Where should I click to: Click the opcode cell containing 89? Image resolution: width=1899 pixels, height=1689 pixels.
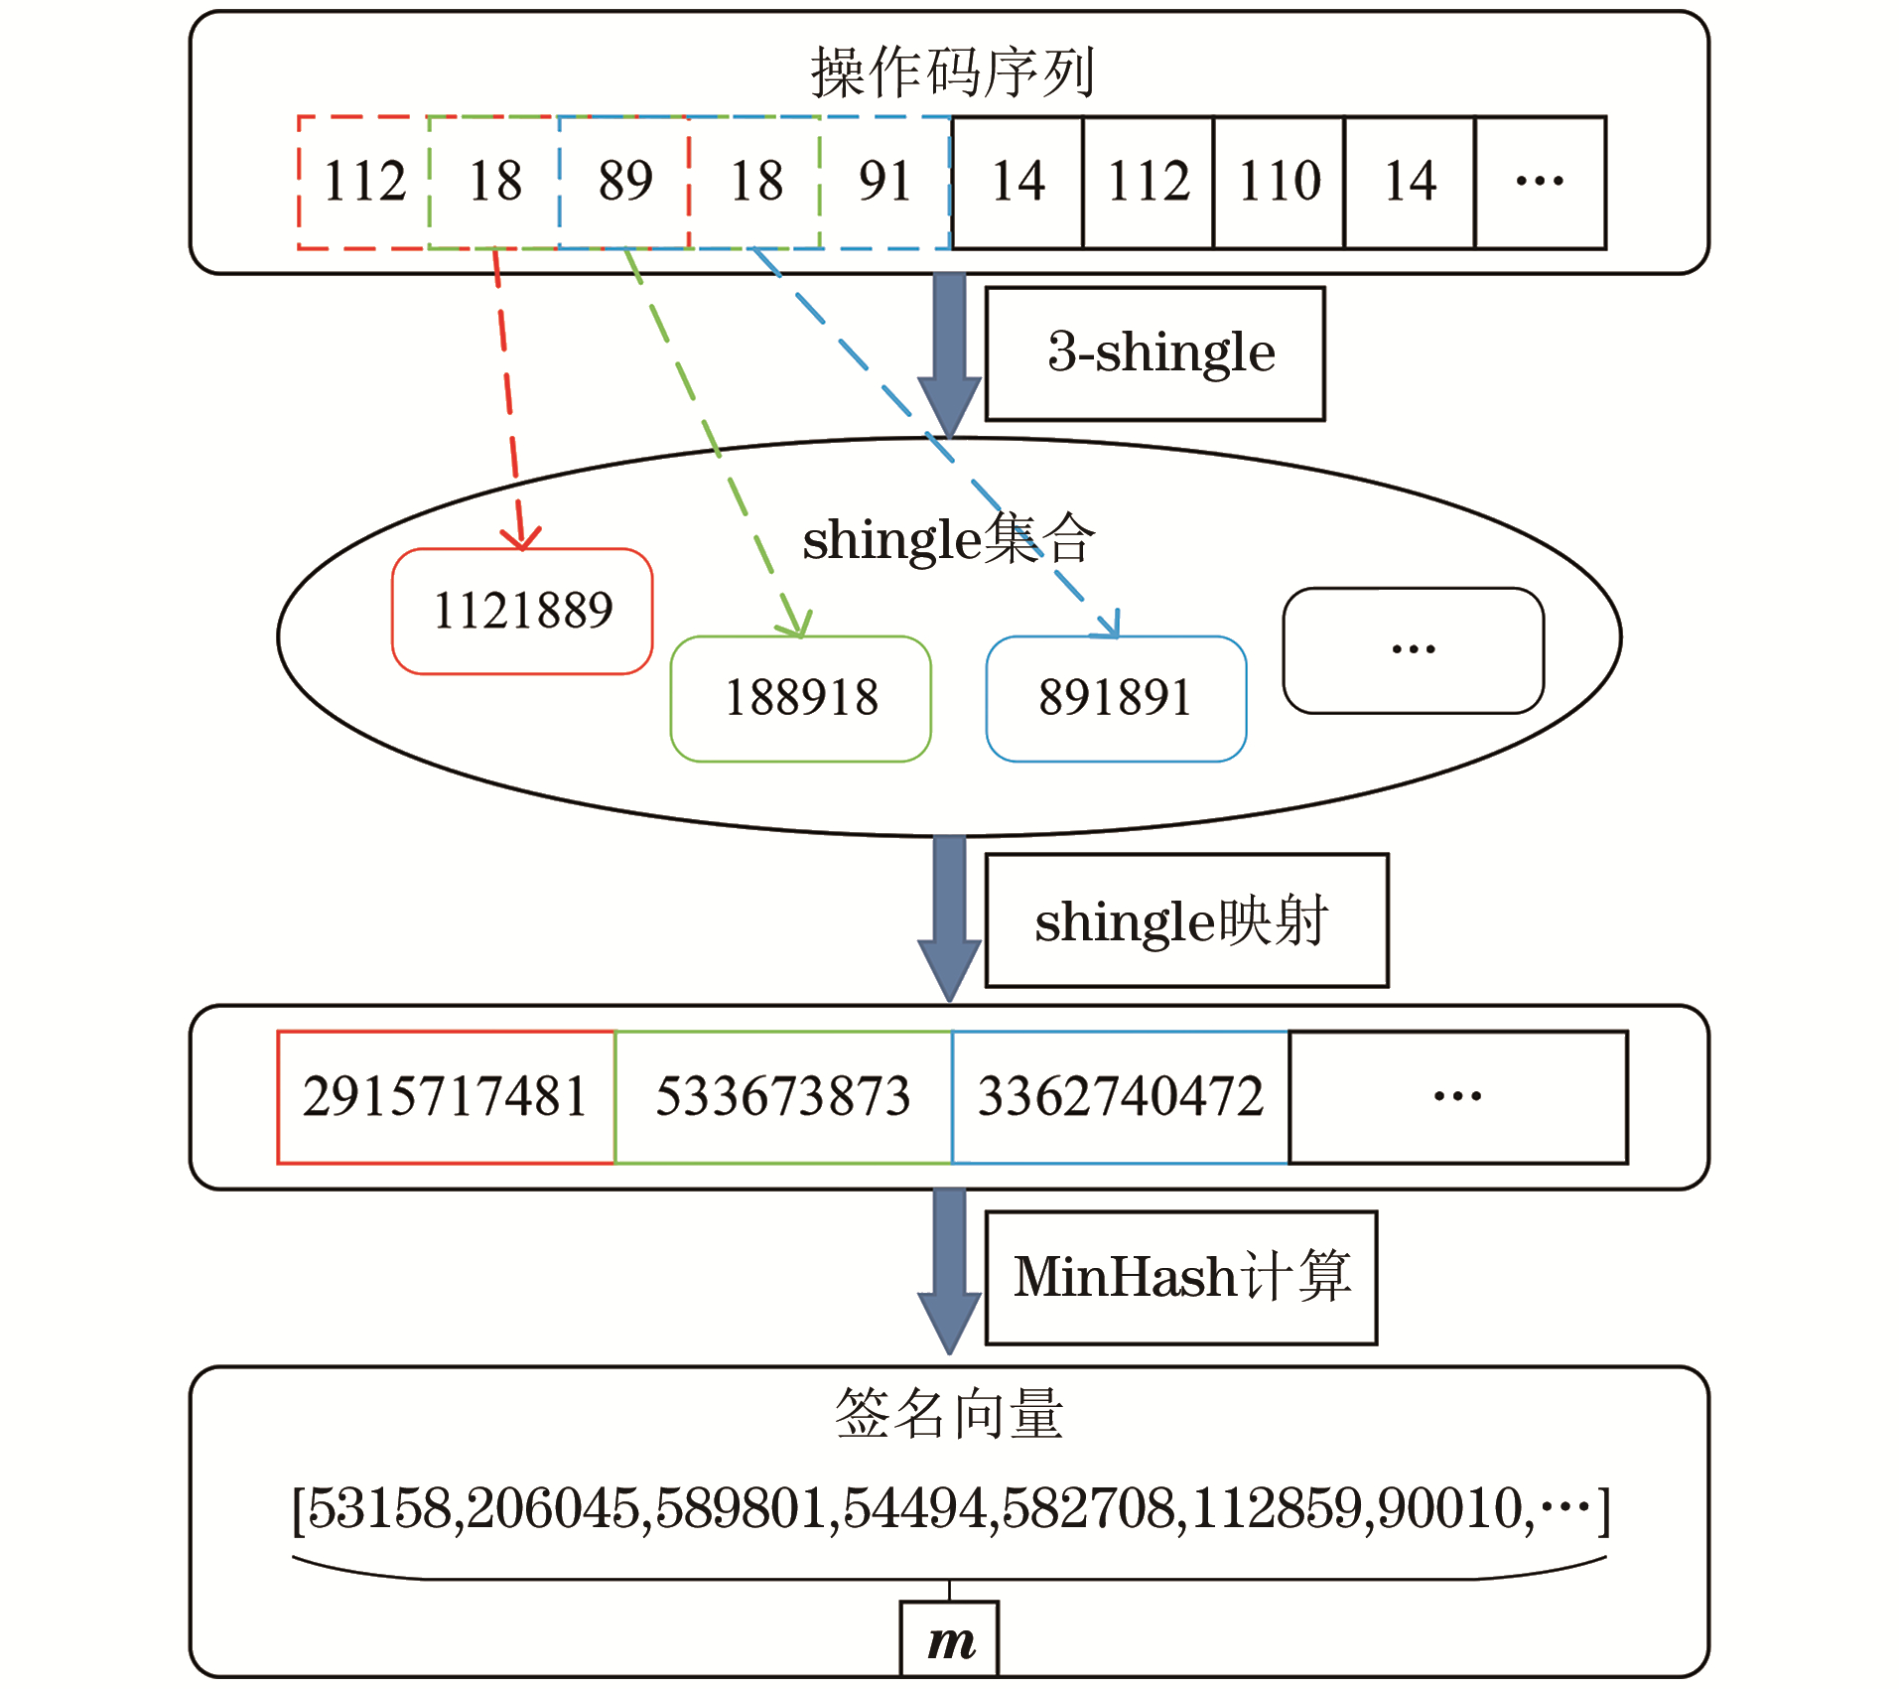pyautogui.click(x=624, y=182)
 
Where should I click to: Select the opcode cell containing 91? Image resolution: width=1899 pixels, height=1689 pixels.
pyautogui.click(x=884, y=182)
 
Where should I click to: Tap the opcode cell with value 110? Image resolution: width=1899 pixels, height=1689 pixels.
pyautogui.click(x=1280, y=182)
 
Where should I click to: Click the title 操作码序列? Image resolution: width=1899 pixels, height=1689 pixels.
pyautogui.click(x=951, y=72)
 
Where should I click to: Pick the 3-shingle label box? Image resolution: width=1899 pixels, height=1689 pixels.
pyautogui.click(x=1154, y=353)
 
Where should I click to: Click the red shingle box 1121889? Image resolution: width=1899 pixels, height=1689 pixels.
pyautogui.click(x=522, y=611)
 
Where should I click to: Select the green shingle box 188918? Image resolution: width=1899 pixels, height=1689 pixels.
pyautogui.click(x=801, y=698)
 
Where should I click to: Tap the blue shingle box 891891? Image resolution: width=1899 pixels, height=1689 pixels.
pyautogui.click(x=1116, y=698)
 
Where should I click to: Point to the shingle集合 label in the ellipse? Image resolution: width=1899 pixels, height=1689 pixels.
pyautogui.click(x=948, y=540)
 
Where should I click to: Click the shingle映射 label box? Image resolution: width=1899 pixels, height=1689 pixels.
pyautogui.click(x=1186, y=920)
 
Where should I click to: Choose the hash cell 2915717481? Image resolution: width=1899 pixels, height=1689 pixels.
pyautogui.click(x=446, y=1097)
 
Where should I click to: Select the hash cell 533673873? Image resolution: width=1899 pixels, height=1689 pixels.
pyautogui.click(x=783, y=1097)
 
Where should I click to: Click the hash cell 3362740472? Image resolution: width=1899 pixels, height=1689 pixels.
pyautogui.click(x=1120, y=1097)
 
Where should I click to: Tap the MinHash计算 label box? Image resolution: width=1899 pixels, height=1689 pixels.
pyautogui.click(x=1181, y=1277)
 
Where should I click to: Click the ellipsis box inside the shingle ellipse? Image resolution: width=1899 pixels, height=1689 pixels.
pyautogui.click(x=1413, y=650)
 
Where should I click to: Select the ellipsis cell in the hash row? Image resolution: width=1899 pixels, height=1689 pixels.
pyautogui.click(x=1457, y=1097)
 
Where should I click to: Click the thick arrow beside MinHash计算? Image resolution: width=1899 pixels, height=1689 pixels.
pyautogui.click(x=949, y=1271)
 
